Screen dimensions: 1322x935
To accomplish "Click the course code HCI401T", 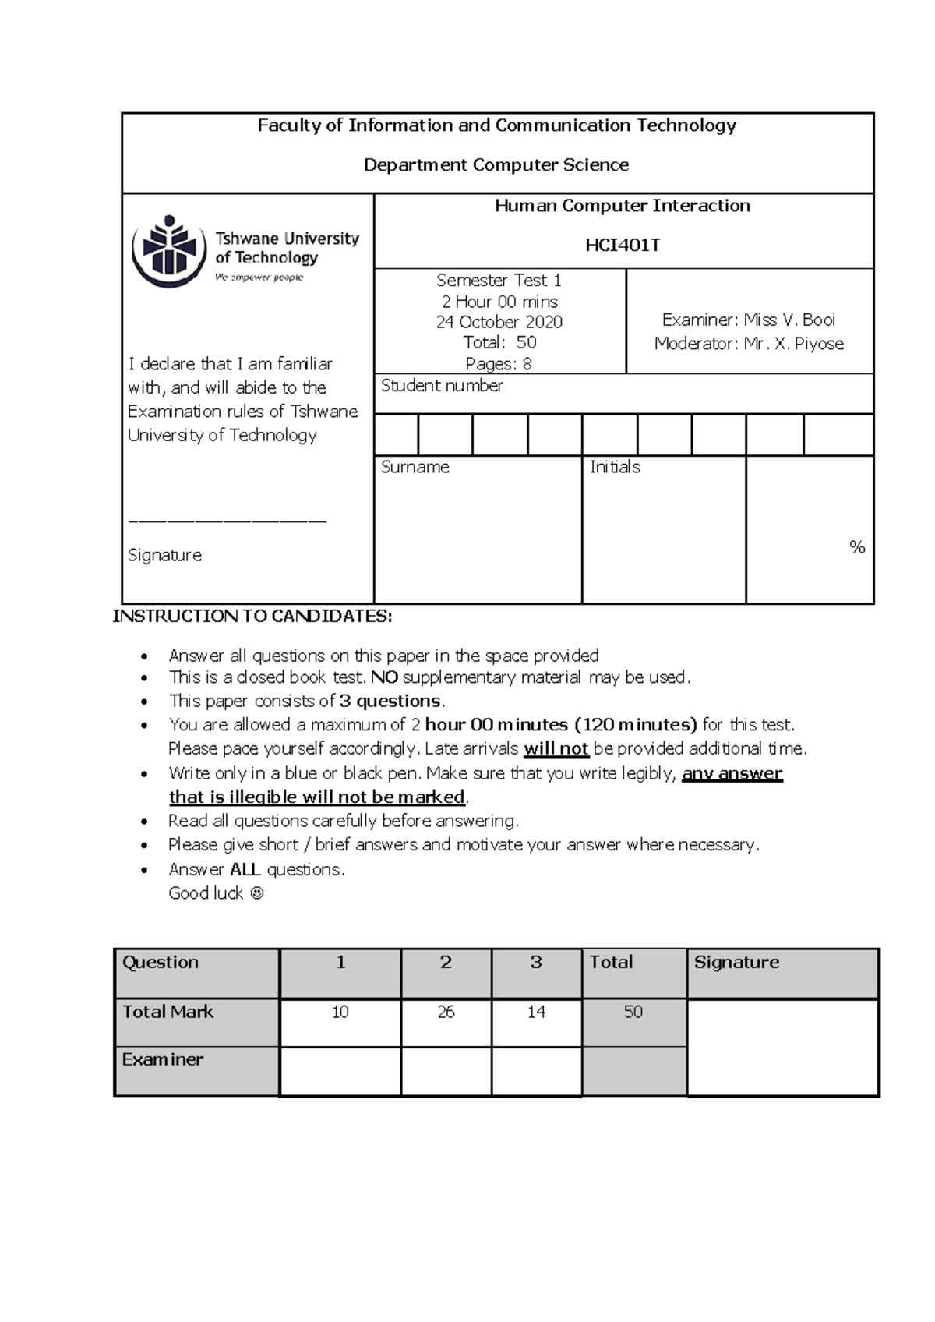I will point(623,246).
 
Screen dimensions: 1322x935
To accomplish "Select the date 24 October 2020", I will point(499,322).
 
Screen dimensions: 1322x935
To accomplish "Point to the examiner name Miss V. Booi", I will point(789,320).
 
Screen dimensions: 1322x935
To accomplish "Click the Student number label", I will point(442,386).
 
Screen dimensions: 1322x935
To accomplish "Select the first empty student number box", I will point(396,435).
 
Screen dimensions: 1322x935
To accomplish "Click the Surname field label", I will point(415,467).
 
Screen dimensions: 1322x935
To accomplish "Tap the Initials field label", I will point(615,467).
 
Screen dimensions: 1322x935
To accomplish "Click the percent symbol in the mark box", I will point(857,547).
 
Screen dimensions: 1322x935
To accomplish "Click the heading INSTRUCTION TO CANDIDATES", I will point(252,617).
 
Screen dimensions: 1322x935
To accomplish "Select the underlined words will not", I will point(556,749).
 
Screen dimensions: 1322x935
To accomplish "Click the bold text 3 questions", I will point(391,701).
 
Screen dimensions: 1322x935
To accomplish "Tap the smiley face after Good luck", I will point(257,893).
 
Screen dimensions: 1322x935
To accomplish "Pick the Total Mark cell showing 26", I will point(446,1012).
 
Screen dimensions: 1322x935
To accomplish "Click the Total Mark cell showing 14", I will point(536,1012).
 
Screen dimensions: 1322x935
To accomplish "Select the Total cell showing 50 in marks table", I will point(633,1012).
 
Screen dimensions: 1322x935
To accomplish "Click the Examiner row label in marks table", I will point(162,1059).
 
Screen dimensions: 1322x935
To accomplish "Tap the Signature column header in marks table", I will point(736,962).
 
